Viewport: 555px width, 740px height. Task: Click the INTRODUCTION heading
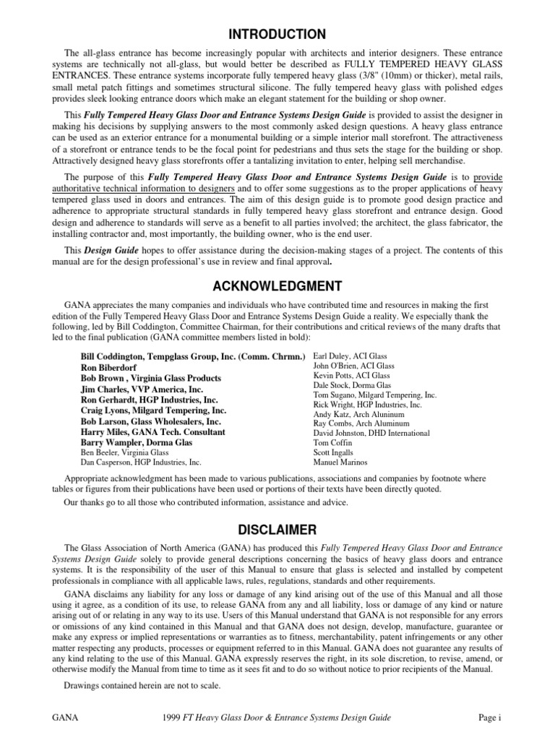277,35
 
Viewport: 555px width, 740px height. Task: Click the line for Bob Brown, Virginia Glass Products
150,378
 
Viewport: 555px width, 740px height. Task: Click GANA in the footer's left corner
64,717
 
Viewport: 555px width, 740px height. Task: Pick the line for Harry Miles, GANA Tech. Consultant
152,432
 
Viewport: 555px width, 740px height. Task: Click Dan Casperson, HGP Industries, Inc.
141,462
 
